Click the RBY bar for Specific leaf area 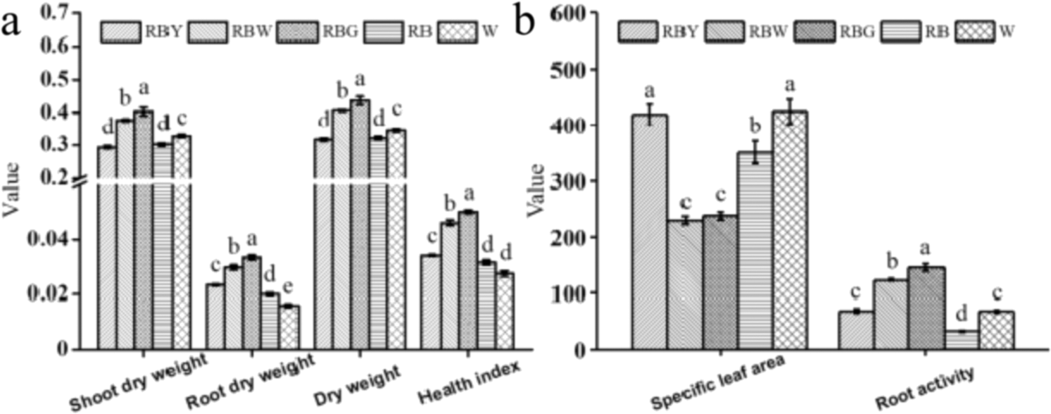[649, 232]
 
